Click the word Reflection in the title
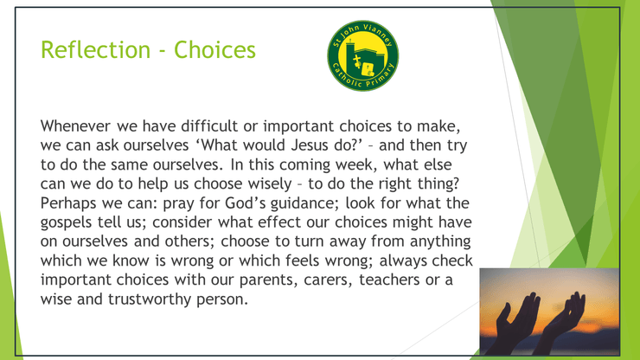95,50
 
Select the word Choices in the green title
214,50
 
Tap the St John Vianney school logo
363,55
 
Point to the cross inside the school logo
357,61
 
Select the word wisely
272,183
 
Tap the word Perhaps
69,203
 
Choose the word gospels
66,222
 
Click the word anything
440,241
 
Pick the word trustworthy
150,299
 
